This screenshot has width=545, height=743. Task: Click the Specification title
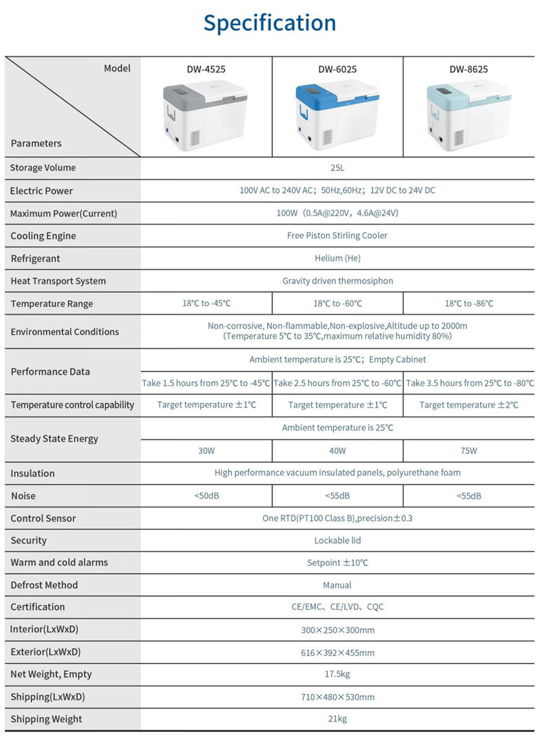point(270,23)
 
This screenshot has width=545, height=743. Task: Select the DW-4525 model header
point(206,69)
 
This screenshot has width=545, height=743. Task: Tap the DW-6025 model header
point(337,69)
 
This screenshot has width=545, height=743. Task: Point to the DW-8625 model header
point(468,69)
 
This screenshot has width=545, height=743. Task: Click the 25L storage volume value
point(337,168)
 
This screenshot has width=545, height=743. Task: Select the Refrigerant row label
point(35,259)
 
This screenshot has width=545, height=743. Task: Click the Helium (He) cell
point(337,258)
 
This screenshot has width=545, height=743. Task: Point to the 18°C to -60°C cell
point(337,304)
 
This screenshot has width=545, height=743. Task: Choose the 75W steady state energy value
point(468,450)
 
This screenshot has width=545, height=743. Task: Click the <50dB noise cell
point(206,495)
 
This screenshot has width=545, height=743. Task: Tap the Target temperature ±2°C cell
point(468,405)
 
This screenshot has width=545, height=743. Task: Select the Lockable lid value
point(337,540)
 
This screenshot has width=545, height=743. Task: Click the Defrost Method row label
point(44,585)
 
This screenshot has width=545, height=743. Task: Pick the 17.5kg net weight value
point(337,674)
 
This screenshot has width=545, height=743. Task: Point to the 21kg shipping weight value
point(337,719)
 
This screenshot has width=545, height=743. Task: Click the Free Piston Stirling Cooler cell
point(337,235)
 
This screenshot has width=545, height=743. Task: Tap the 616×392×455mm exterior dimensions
point(337,653)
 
